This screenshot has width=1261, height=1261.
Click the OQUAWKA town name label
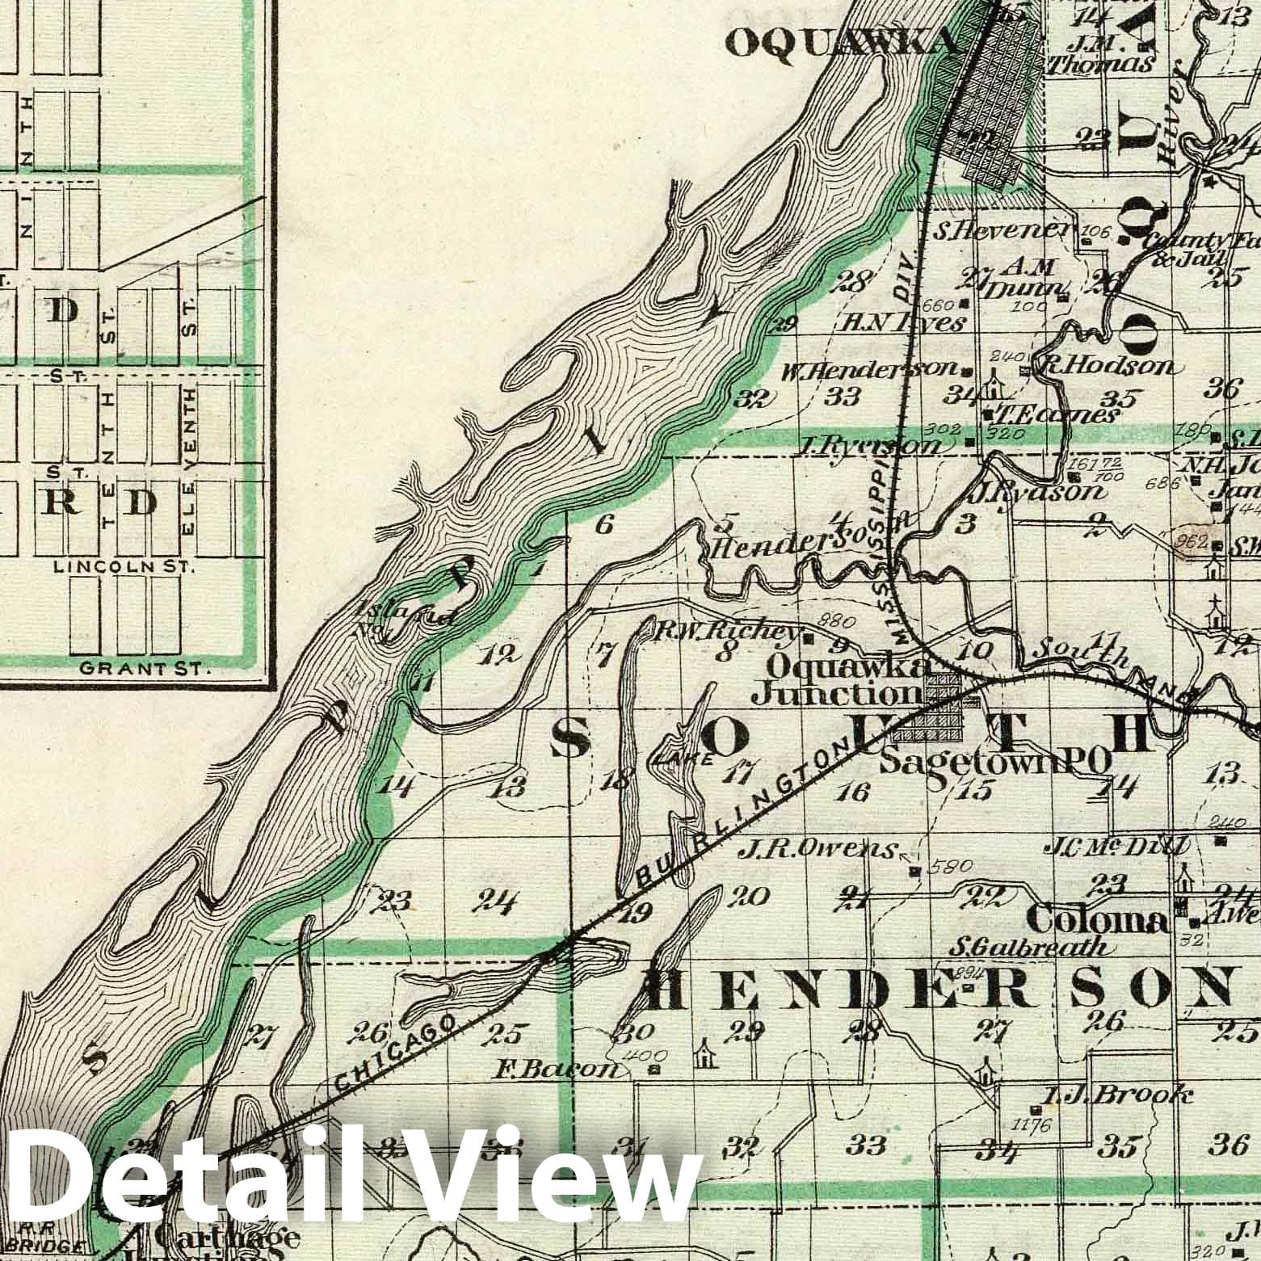(x=840, y=46)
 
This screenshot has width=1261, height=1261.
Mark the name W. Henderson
(x=871, y=371)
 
